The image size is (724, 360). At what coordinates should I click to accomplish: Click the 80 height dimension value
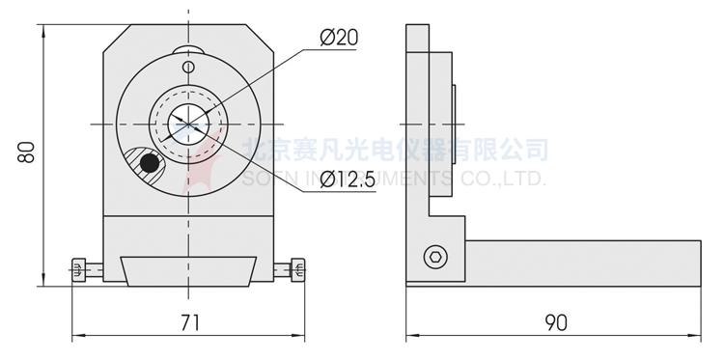[28, 152]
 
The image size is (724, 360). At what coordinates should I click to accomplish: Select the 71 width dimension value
[189, 322]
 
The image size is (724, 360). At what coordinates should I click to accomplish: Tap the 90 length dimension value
[554, 322]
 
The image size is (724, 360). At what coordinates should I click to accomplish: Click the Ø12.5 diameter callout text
[345, 180]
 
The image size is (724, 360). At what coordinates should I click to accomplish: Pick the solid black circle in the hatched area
[149, 164]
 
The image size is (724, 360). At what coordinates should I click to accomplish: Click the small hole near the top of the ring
[189, 67]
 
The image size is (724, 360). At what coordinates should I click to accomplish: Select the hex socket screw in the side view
[435, 257]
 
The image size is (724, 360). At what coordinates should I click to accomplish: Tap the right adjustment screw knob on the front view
[298, 271]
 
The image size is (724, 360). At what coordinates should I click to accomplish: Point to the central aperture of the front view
[188, 124]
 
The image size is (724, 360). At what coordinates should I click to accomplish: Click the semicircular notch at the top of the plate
[189, 50]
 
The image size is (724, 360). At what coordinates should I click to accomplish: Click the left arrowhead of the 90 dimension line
[410, 337]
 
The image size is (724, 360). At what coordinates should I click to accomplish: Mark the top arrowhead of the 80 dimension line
[43, 30]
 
